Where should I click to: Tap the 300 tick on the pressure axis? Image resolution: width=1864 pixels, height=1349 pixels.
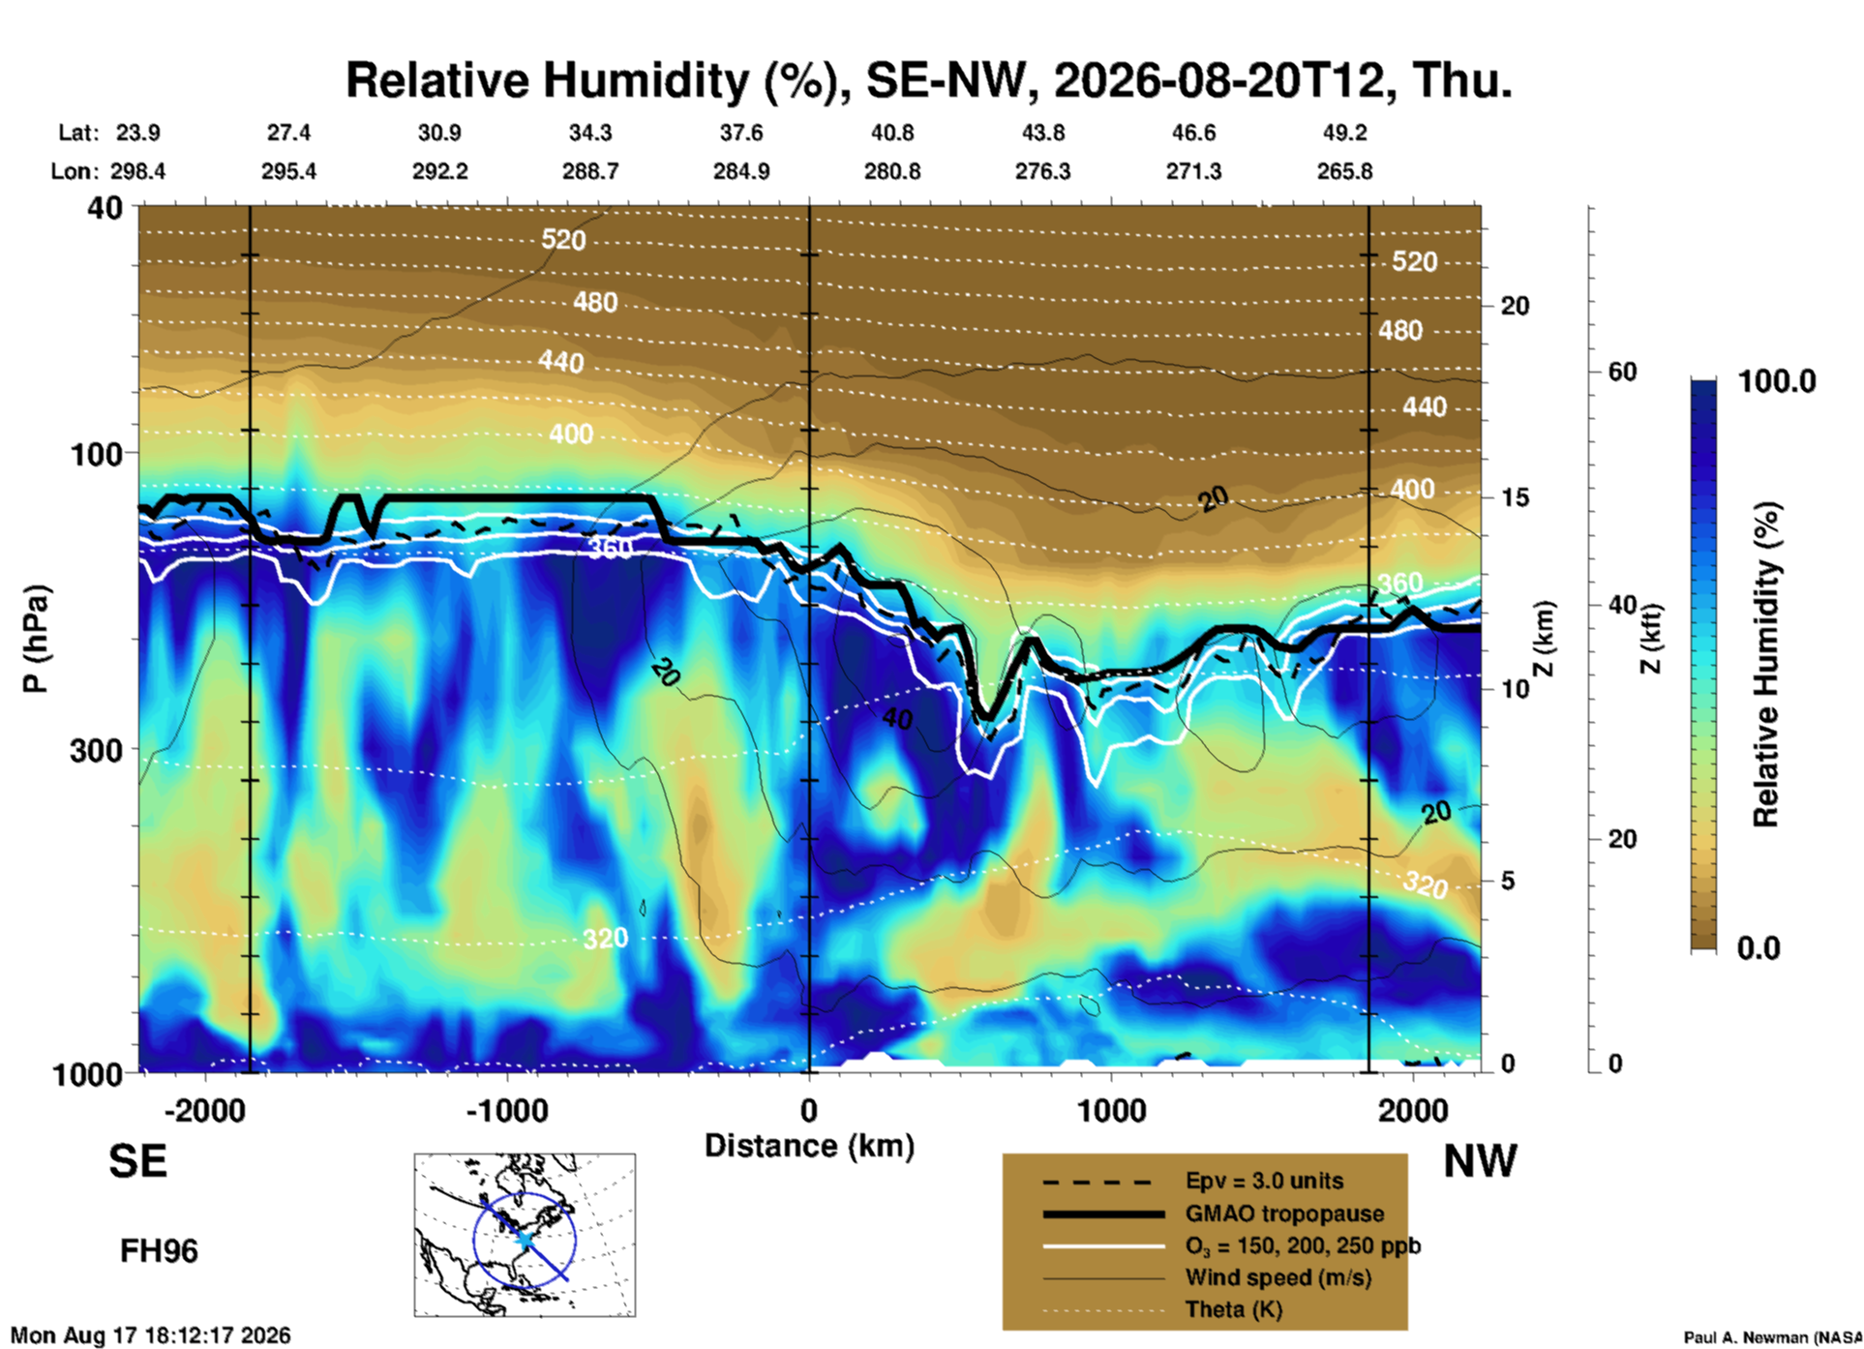coord(98,750)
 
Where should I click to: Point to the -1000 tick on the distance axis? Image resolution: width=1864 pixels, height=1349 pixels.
coord(507,1110)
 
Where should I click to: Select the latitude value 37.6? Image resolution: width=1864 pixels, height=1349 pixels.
coord(741,133)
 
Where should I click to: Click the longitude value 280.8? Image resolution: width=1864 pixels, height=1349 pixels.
coord(892,171)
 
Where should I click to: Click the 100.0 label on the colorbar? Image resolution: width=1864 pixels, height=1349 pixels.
coord(1777,381)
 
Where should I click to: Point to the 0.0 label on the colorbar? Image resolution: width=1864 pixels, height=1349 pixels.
coord(1759,947)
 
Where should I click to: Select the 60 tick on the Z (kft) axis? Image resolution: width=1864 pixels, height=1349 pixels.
coord(1622,372)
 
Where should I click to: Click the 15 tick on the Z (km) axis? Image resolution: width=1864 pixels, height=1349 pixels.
coord(1515,497)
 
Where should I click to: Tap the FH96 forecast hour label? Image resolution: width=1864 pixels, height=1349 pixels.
coord(159,1251)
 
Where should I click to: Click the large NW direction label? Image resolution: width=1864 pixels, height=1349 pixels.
coord(1480,1161)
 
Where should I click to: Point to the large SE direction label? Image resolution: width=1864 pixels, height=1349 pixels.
coord(137,1161)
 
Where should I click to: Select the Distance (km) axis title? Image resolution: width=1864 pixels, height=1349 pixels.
coord(809,1146)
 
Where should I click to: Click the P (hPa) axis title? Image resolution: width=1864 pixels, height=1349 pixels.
coord(35,639)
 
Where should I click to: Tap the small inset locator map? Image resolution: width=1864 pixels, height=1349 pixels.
coord(525,1235)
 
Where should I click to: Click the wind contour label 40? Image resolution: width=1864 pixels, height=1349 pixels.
coord(897,718)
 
